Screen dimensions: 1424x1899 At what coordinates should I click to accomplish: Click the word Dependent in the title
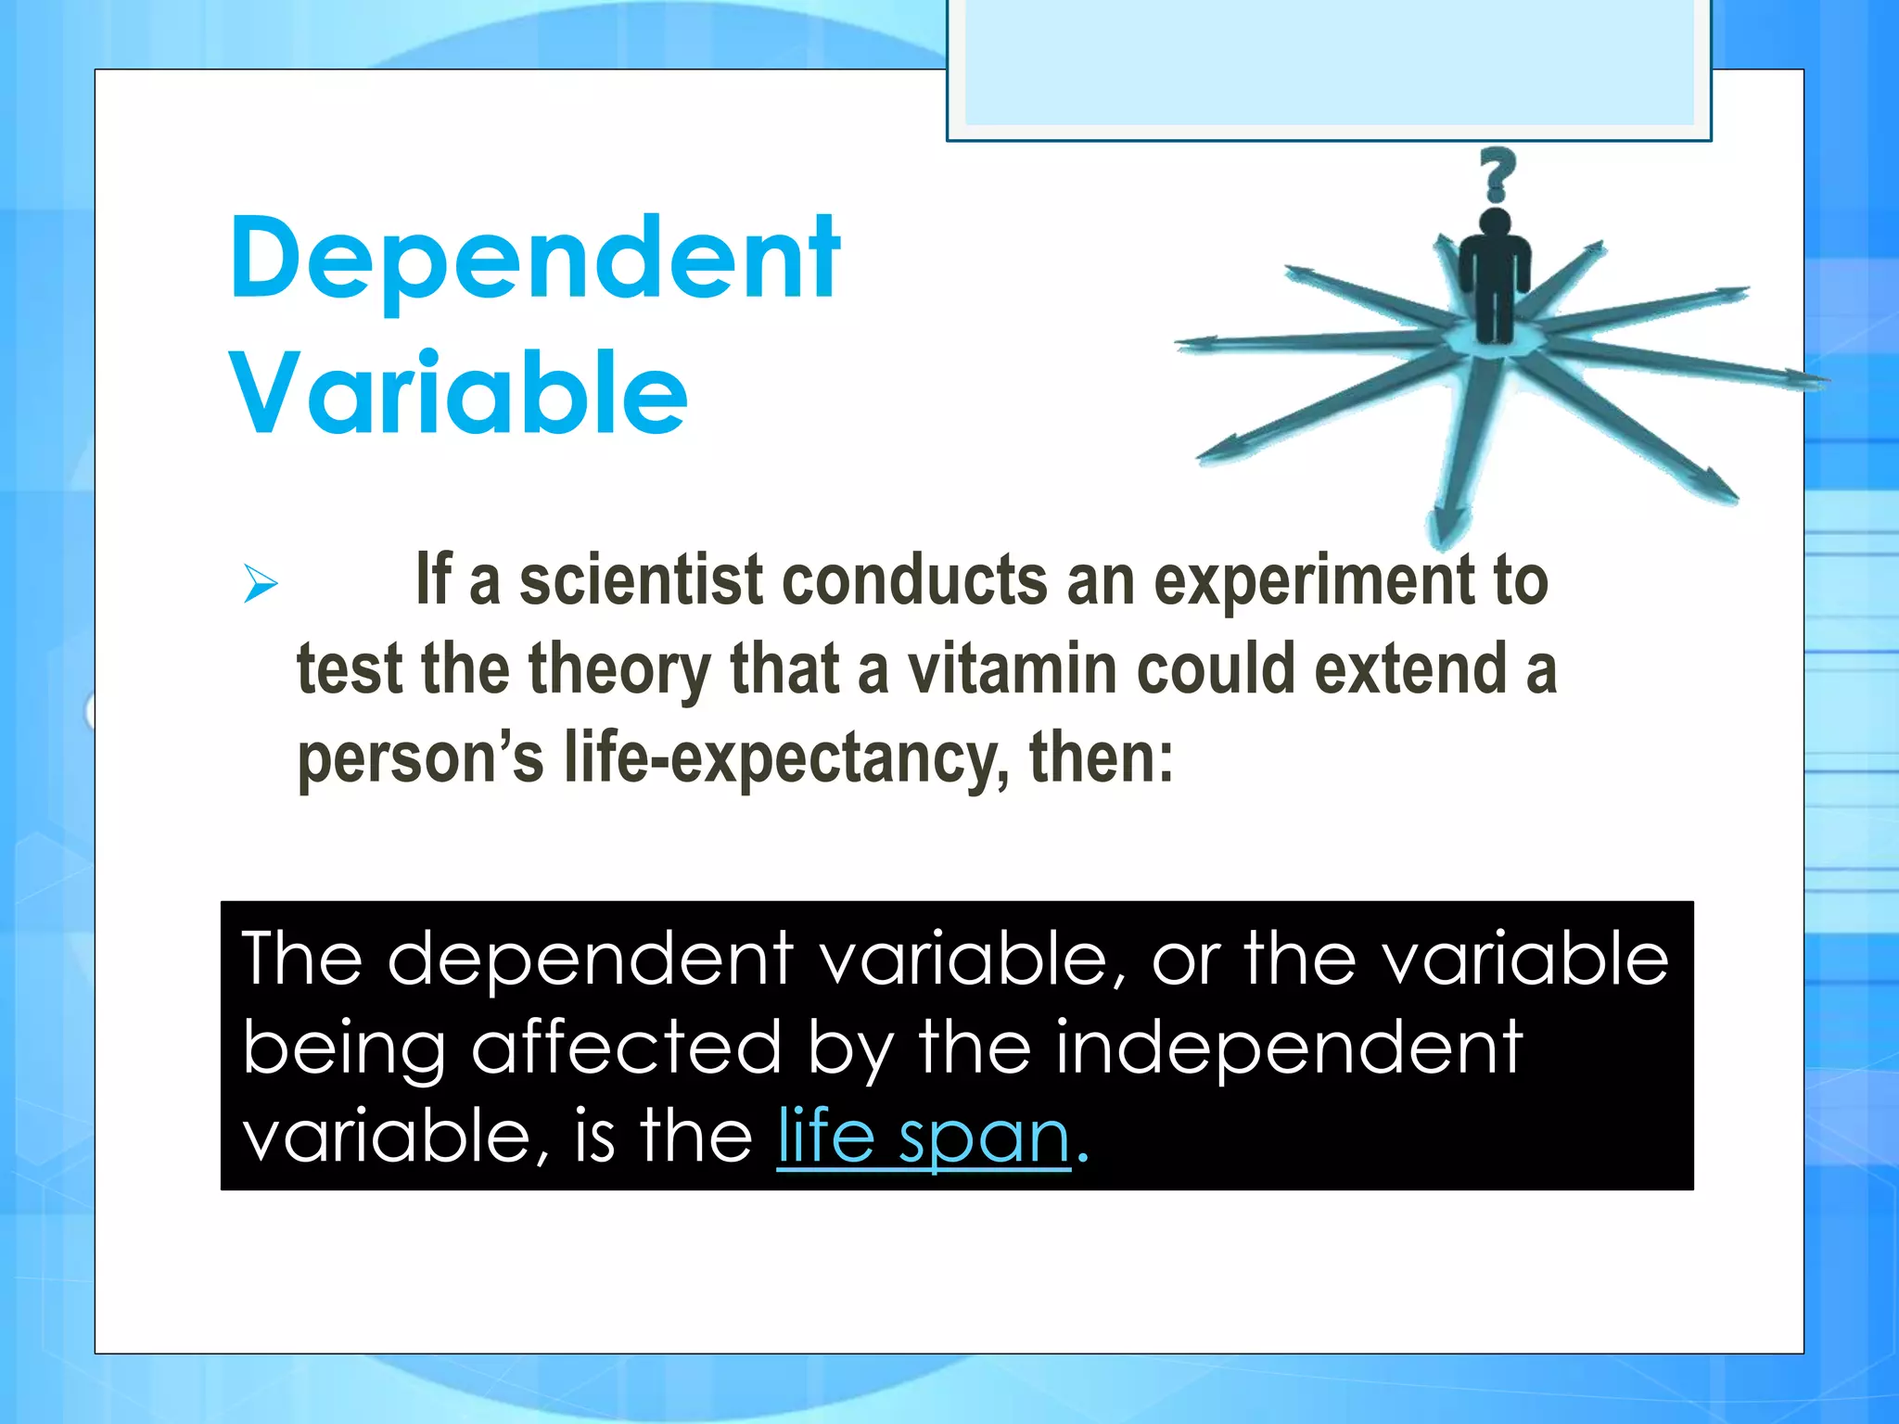(534, 260)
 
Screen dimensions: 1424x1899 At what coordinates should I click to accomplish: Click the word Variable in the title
(458, 393)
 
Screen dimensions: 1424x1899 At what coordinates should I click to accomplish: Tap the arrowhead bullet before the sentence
(261, 584)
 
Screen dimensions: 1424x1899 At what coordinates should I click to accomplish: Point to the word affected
(626, 1048)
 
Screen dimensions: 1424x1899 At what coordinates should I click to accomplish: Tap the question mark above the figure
(1496, 173)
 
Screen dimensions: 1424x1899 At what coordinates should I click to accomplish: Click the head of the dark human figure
(1495, 222)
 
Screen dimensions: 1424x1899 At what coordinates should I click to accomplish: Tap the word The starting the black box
(301, 959)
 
